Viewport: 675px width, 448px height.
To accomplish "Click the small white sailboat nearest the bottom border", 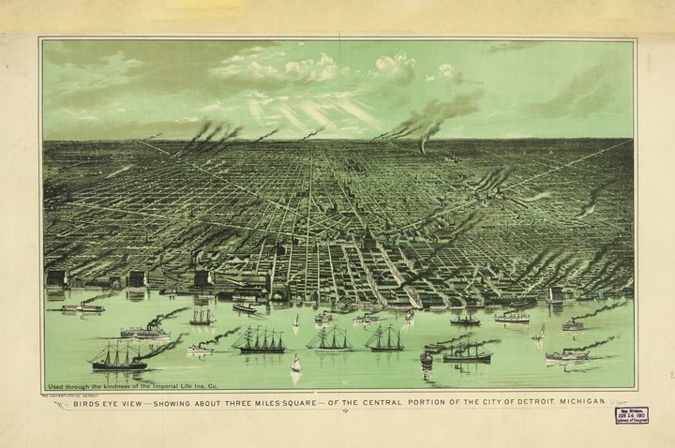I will (x=295, y=366).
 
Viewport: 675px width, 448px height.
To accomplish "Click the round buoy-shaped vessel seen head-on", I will (x=427, y=359).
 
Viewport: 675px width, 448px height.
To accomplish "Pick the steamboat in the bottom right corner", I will (x=566, y=355).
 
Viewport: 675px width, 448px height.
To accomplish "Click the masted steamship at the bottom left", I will (x=116, y=357).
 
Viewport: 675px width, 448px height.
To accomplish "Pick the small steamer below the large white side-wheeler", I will (x=199, y=350).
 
